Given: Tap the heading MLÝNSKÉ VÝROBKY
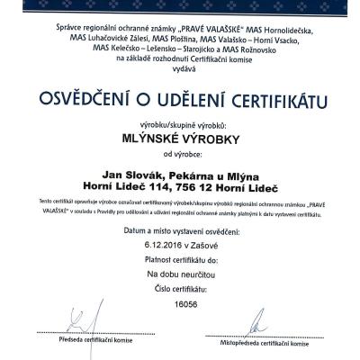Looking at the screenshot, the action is click(x=179, y=139).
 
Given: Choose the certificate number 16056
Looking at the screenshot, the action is click(x=180, y=303).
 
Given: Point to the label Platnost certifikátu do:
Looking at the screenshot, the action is click(x=180, y=257).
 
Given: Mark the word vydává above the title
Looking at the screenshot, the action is click(x=180, y=67).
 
